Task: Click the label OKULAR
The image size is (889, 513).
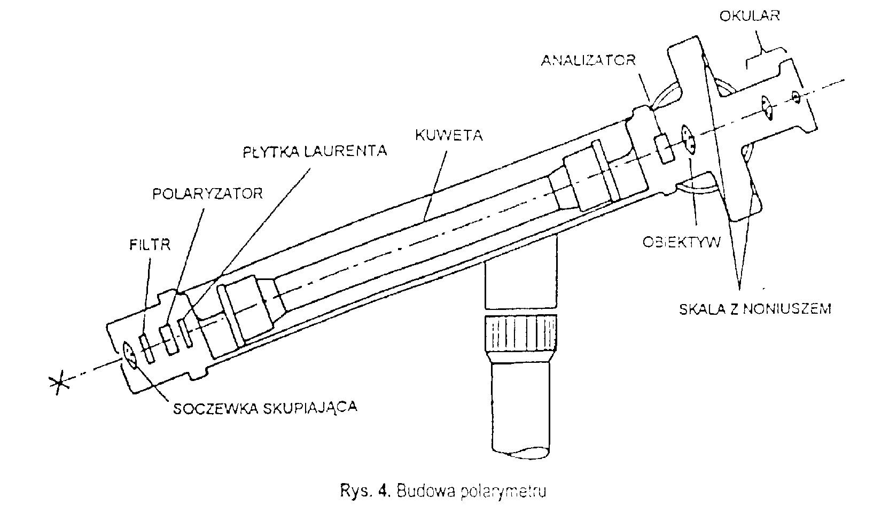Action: (x=749, y=15)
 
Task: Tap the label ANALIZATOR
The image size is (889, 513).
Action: (x=588, y=60)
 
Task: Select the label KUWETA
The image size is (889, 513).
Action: (x=449, y=136)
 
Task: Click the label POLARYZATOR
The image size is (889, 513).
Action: (x=207, y=193)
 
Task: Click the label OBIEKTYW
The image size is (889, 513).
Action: (x=681, y=242)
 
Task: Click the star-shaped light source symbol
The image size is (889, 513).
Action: (x=57, y=384)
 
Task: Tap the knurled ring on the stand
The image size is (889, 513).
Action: (x=518, y=335)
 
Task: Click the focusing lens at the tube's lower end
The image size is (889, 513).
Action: (x=130, y=354)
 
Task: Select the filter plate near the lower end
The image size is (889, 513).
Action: (x=147, y=348)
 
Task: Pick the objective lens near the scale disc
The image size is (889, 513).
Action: (x=688, y=139)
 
